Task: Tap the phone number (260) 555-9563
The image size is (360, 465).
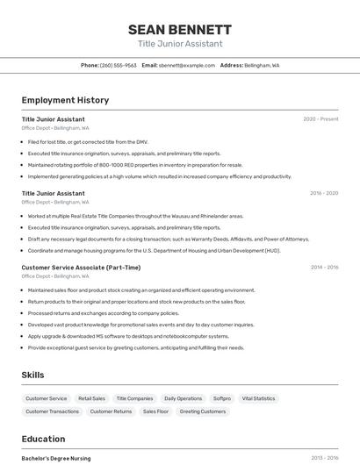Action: [118, 66]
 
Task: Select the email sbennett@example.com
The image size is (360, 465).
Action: [187, 66]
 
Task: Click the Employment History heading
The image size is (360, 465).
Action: [65, 100]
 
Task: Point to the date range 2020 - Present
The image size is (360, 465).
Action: [320, 119]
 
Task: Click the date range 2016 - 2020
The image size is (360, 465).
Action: [324, 193]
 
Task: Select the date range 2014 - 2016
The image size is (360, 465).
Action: [324, 268]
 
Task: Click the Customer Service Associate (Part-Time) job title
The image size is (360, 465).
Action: [81, 268]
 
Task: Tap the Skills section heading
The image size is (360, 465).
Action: [32, 375]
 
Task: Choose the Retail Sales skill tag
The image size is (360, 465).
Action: [91, 398]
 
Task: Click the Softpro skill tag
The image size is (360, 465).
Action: [222, 398]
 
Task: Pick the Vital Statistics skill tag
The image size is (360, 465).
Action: [258, 398]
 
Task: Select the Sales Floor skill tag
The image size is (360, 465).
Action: [155, 411]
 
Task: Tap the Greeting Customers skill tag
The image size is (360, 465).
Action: [203, 411]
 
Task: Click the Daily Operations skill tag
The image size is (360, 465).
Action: [183, 398]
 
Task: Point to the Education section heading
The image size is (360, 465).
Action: [43, 439]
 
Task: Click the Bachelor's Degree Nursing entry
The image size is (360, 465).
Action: [56, 458]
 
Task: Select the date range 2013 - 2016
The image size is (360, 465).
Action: [324, 458]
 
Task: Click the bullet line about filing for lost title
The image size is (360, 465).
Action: [88, 141]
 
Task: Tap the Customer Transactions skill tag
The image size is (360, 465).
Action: [52, 411]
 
